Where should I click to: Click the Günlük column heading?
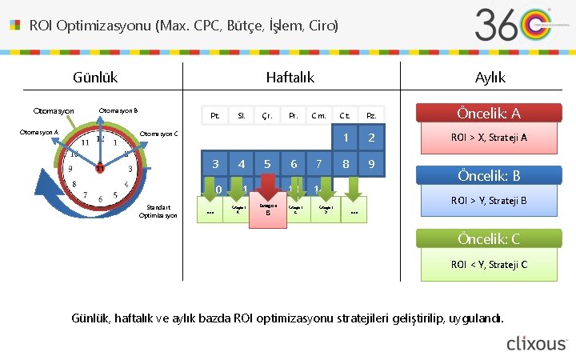click(95, 78)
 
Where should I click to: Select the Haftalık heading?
click(290, 78)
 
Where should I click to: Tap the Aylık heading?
click(490, 78)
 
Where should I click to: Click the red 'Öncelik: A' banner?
click(488, 114)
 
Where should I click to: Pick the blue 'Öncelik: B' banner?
click(488, 175)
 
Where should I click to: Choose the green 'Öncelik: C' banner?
click(488, 238)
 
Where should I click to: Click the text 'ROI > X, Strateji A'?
click(489, 138)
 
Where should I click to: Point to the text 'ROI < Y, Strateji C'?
click(489, 264)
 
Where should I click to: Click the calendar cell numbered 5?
click(267, 164)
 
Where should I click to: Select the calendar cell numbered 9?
click(371, 164)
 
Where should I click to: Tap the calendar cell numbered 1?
click(346, 138)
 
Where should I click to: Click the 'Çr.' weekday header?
click(267, 116)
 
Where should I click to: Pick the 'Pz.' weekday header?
click(371, 116)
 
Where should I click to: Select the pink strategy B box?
click(268, 210)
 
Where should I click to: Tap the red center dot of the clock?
click(99, 168)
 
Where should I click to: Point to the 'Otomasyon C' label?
click(158, 134)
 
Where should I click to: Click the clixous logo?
click(536, 343)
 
